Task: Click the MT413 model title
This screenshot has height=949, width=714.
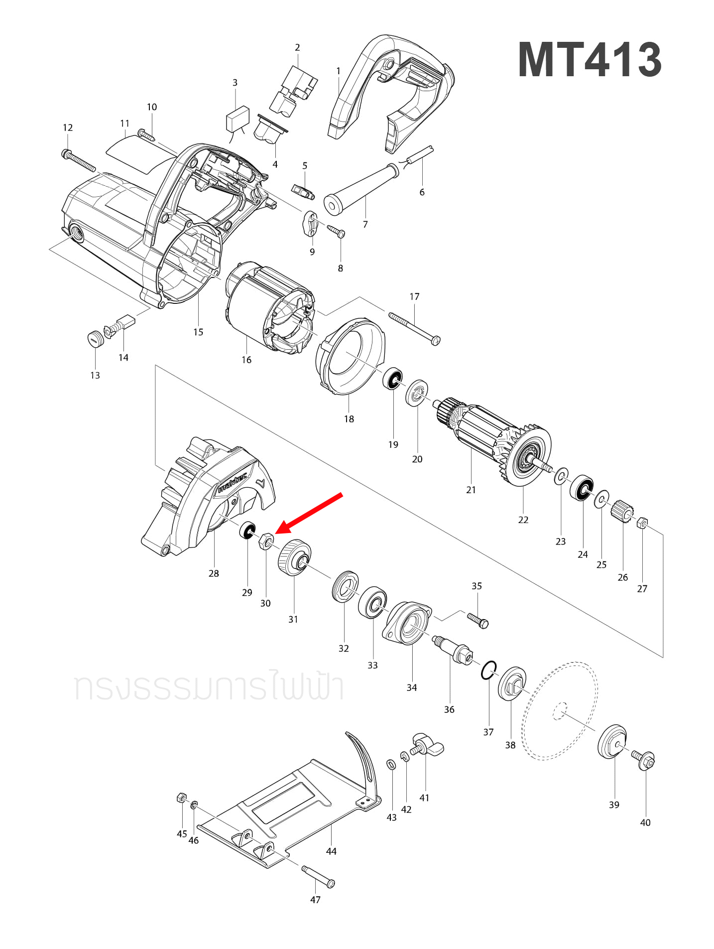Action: (x=590, y=60)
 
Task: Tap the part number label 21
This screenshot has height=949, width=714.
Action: (x=471, y=490)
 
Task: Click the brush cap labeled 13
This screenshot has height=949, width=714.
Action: (x=94, y=339)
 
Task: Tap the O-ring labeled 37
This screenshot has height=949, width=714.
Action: (x=489, y=671)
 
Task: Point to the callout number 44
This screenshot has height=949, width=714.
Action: (x=331, y=851)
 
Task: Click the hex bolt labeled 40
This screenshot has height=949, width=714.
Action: (x=645, y=760)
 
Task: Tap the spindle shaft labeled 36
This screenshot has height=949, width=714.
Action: (x=453, y=649)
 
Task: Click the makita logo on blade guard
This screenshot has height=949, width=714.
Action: (x=232, y=483)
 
